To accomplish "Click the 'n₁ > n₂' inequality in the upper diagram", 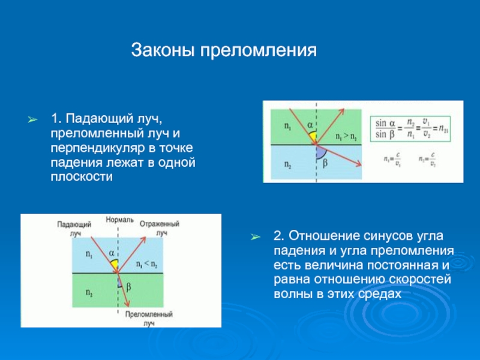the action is pos(346,136).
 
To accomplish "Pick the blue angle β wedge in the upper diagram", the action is pos(320,150).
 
